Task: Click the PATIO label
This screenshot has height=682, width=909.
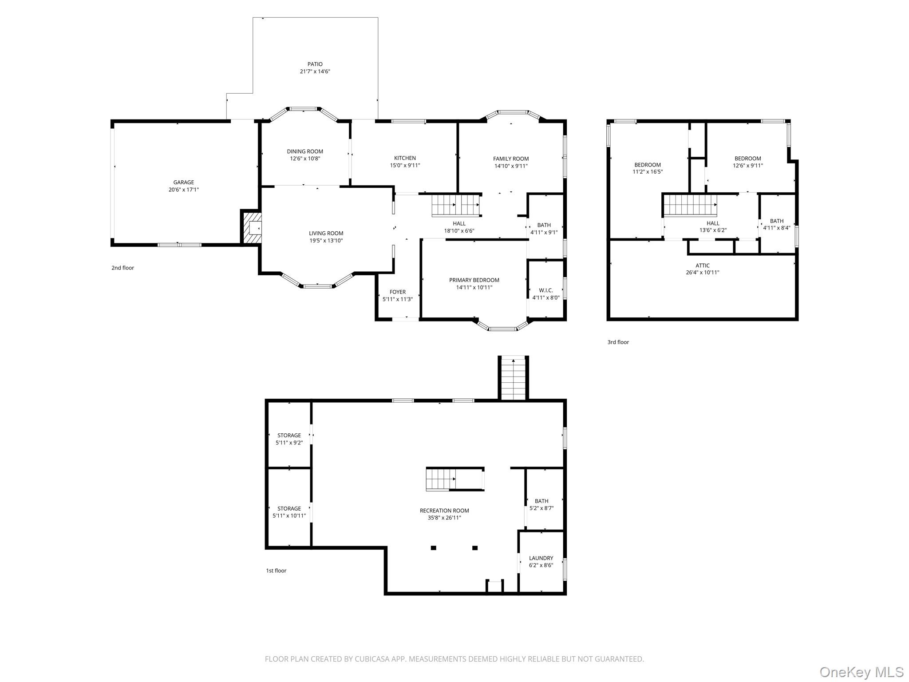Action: (315, 64)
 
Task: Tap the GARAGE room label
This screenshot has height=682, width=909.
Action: (184, 182)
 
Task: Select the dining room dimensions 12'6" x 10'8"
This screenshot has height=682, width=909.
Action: (305, 159)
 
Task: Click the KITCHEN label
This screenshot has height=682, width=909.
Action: (405, 158)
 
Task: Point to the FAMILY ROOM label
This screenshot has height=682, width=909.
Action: (511, 159)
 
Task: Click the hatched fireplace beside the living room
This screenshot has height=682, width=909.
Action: (252, 227)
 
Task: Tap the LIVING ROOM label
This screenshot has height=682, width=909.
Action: (326, 234)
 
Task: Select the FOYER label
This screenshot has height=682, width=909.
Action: (398, 292)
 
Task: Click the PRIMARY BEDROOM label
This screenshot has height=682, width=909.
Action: (474, 280)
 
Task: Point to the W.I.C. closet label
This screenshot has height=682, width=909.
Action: (546, 290)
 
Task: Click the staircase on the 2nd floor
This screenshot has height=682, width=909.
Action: (456, 205)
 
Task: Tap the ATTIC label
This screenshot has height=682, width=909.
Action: (703, 266)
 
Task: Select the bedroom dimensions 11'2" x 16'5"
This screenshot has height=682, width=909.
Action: (648, 172)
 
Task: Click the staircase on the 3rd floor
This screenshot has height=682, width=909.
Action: (691, 205)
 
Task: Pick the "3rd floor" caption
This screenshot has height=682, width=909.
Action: (618, 342)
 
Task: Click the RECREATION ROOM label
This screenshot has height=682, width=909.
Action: (444, 511)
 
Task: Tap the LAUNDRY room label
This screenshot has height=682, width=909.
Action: (541, 558)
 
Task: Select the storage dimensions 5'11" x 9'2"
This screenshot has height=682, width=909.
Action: (289, 443)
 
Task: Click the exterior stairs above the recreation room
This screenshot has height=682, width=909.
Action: (514, 378)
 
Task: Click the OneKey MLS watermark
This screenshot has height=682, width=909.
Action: (862, 672)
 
